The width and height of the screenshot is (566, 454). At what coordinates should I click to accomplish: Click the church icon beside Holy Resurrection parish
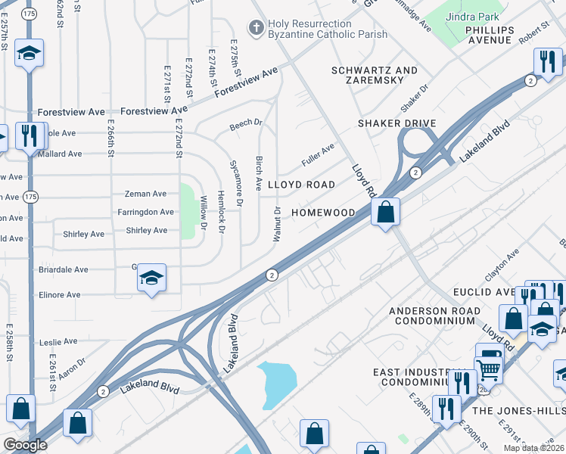pos(257,28)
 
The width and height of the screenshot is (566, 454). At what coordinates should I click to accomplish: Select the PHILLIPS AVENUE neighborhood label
pos(490,35)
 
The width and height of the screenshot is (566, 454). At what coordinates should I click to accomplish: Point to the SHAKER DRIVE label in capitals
pos(397,123)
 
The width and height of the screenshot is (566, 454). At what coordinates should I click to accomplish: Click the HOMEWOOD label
pos(323,213)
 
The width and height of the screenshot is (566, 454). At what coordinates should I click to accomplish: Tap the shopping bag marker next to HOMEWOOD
pos(386,213)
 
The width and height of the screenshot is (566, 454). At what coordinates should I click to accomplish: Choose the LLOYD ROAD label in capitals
pos(301,185)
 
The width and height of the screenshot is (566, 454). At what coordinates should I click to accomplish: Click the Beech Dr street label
pos(246,121)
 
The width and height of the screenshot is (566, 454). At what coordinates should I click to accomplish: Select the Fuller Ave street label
pos(317,151)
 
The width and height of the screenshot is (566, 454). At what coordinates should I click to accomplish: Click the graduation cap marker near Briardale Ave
pos(152,278)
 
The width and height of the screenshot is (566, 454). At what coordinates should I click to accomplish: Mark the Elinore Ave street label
pos(59,295)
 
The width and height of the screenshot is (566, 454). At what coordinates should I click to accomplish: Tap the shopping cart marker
pos(489,369)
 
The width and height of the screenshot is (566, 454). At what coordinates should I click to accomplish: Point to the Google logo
pos(25,445)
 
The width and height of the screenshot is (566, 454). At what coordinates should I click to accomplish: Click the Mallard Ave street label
pos(60,154)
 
